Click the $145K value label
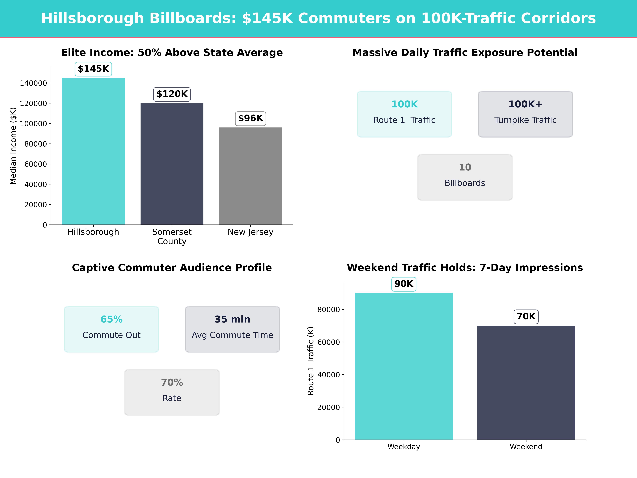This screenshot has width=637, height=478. click(93, 69)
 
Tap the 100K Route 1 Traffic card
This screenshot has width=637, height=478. click(404, 114)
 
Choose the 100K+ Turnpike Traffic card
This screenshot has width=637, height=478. click(525, 114)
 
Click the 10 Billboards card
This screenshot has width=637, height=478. click(465, 177)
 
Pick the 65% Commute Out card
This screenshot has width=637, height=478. click(111, 329)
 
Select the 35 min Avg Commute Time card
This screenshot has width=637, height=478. click(232, 329)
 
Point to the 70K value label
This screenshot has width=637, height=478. click(526, 316)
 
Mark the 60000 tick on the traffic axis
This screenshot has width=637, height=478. click(329, 342)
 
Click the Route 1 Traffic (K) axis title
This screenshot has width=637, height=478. click(310, 361)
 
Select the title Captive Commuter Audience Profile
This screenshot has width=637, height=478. click(172, 268)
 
